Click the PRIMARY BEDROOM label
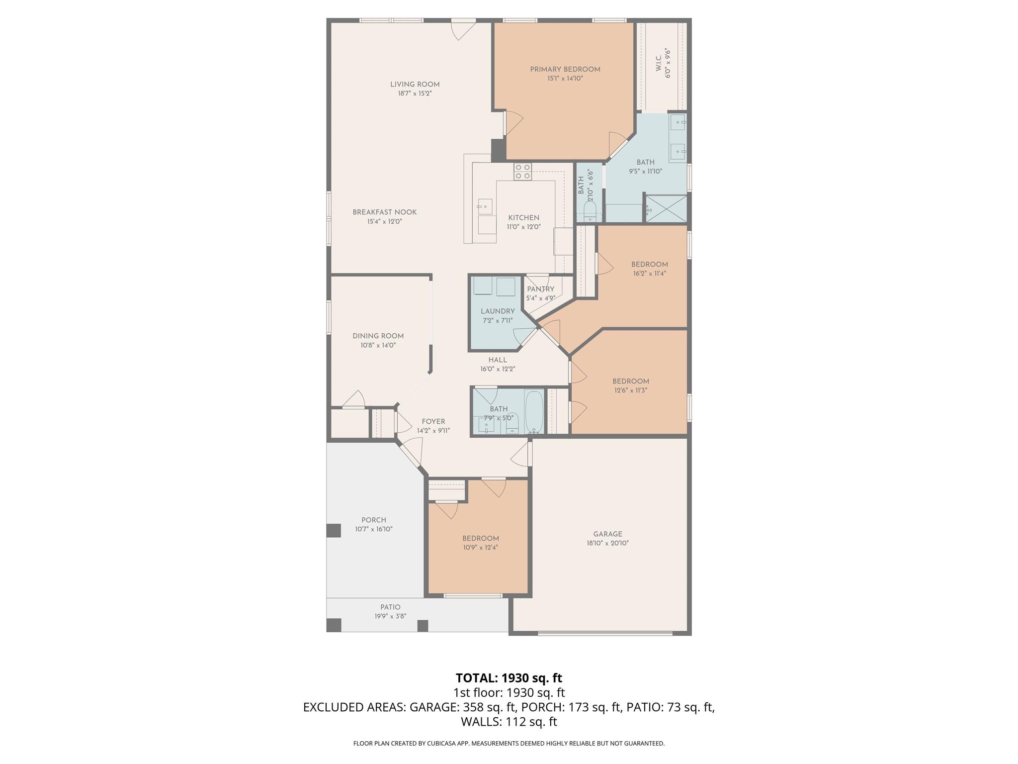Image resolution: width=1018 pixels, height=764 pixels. [565, 70]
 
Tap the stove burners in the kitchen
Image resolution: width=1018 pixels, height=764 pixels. [522, 172]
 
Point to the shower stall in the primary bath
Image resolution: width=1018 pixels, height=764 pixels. [666, 208]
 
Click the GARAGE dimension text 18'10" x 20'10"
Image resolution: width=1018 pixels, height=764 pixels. [607, 543]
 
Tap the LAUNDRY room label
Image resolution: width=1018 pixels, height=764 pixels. [498, 311]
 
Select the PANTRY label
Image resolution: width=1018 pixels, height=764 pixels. [540, 289]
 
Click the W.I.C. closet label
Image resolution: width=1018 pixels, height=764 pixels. [659, 60]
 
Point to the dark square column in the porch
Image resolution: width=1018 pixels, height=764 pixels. [334, 530]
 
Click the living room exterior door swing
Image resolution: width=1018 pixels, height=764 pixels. [463, 31]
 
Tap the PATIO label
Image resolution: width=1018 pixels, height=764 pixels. [390, 607]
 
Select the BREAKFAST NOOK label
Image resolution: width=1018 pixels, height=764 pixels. [384, 212]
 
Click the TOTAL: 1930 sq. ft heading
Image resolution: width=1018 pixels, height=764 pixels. [509, 678]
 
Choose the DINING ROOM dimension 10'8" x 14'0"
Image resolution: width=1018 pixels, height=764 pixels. [378, 345]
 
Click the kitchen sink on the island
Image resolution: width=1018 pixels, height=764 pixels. [485, 206]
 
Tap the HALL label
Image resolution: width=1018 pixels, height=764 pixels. [498, 360]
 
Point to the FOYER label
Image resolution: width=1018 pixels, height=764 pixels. [433, 421]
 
